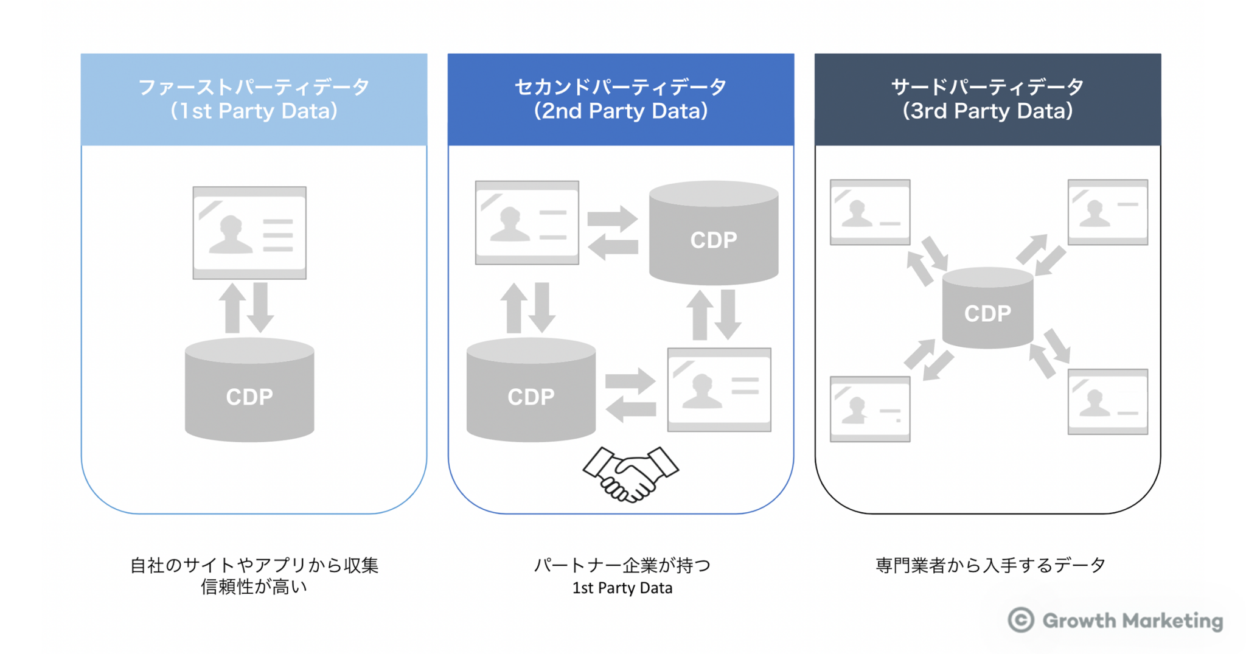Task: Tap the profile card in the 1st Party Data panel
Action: click(249, 233)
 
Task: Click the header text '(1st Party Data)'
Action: click(254, 111)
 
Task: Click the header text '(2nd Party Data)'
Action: click(621, 111)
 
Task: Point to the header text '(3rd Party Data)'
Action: click(987, 111)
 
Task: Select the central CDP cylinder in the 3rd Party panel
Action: click(987, 309)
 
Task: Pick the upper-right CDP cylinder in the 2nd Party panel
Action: click(714, 234)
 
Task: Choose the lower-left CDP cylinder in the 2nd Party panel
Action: click(531, 390)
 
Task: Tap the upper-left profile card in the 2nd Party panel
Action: click(527, 223)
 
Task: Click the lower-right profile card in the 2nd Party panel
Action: click(719, 390)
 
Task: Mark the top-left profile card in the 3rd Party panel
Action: click(870, 212)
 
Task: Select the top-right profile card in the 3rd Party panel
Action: click(1107, 212)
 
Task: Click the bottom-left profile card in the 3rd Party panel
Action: click(870, 409)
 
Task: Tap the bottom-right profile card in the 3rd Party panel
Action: click(1107, 402)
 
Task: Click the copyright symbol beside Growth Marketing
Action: click(1020, 620)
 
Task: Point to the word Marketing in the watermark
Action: click(1172, 621)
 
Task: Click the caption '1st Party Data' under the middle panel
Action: click(622, 588)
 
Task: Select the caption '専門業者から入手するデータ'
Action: click(990, 565)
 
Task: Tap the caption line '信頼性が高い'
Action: click(254, 587)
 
